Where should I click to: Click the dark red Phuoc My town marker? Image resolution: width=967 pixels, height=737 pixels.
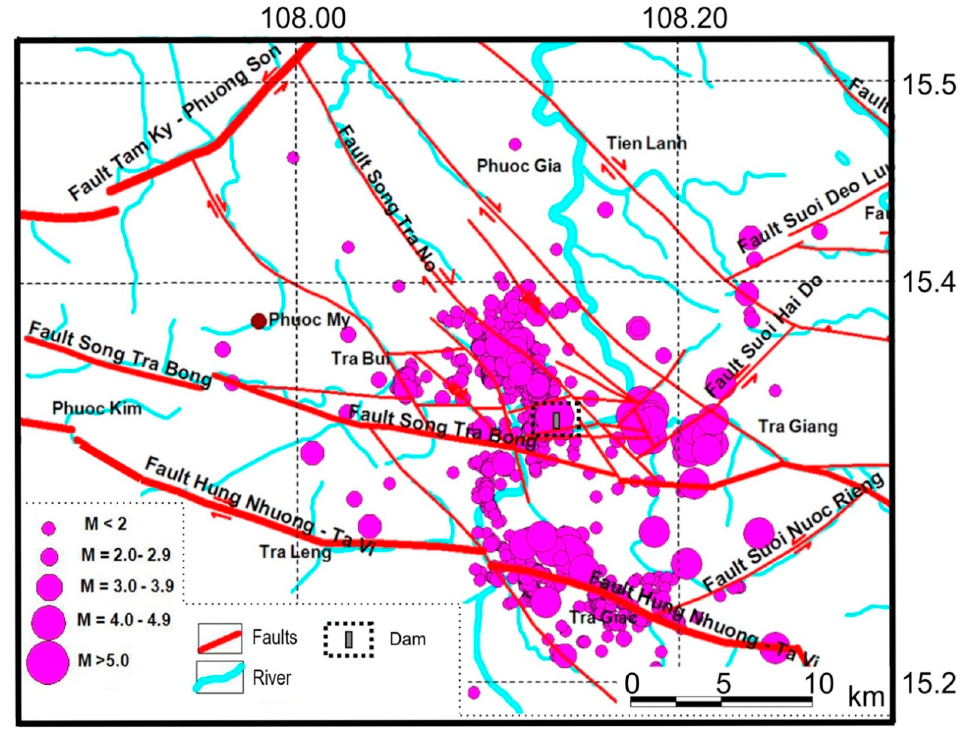tap(259, 321)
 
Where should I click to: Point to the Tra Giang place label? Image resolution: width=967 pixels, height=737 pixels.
tap(798, 426)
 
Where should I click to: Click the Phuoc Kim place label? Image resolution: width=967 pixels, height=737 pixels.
tap(97, 409)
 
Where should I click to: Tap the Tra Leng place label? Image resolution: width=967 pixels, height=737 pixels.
tap(295, 552)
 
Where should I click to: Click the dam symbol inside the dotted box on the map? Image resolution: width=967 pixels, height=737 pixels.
tap(556, 420)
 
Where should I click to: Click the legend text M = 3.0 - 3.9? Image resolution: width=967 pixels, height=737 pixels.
tap(127, 586)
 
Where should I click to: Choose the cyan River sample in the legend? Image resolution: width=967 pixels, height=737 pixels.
tap(219, 677)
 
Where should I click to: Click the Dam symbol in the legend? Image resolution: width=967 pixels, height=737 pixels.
tap(349, 639)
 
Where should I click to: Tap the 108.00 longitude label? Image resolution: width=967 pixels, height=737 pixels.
tap(303, 19)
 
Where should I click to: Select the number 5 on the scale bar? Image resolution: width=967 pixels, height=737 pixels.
tap(723, 683)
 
